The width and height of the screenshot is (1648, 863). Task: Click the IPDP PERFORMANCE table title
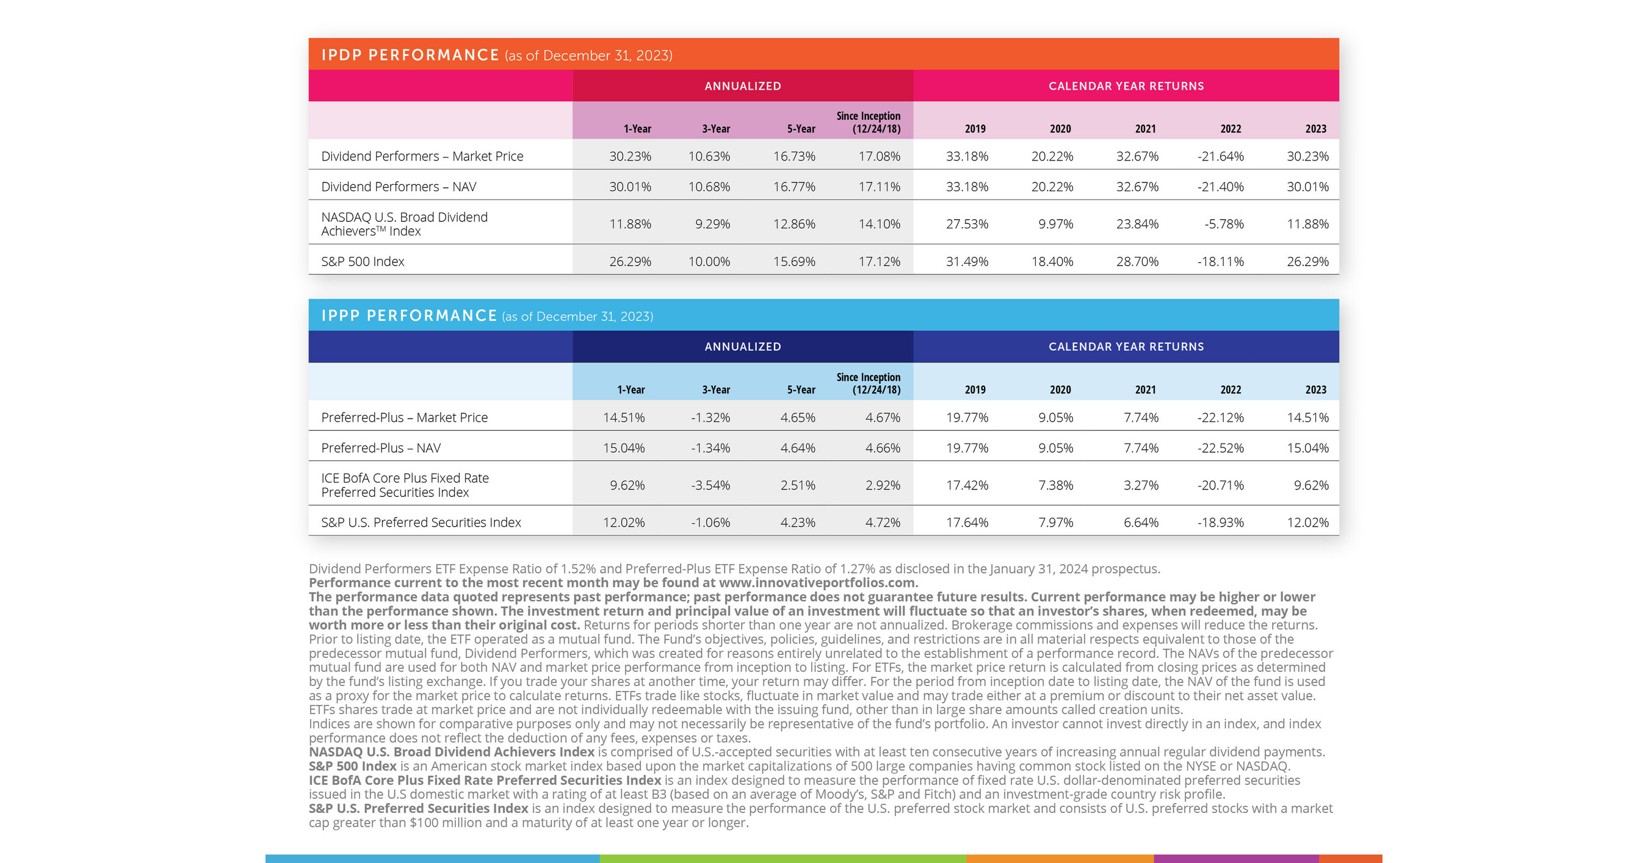[x=410, y=55]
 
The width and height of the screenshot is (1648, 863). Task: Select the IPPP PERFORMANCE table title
[x=409, y=316]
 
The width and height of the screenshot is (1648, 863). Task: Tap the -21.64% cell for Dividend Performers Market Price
[x=1220, y=156]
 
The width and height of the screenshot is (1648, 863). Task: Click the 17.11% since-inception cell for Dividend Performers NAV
[x=879, y=187]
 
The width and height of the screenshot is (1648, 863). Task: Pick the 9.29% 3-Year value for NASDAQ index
[x=712, y=224]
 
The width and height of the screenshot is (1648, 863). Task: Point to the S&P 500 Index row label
[x=363, y=262]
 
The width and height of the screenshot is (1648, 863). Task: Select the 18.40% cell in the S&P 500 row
[x=1052, y=262]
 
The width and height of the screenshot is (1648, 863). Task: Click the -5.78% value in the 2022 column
[x=1223, y=224]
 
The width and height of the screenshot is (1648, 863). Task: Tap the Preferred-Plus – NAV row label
[x=381, y=448]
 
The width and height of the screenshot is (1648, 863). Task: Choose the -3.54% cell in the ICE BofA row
[x=710, y=486]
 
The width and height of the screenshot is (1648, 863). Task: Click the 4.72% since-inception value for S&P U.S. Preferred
[x=882, y=522]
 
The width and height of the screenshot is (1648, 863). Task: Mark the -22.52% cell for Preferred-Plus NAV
[x=1220, y=448]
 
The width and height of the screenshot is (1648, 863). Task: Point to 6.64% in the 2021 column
[x=1141, y=522]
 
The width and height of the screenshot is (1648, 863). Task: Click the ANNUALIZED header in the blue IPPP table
[x=742, y=347]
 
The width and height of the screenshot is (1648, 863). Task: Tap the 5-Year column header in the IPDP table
[x=801, y=129]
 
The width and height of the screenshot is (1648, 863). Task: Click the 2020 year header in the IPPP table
[x=1060, y=389]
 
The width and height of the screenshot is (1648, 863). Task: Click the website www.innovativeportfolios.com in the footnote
[x=818, y=583]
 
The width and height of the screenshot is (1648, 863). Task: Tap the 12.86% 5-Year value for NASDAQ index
[x=794, y=224]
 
